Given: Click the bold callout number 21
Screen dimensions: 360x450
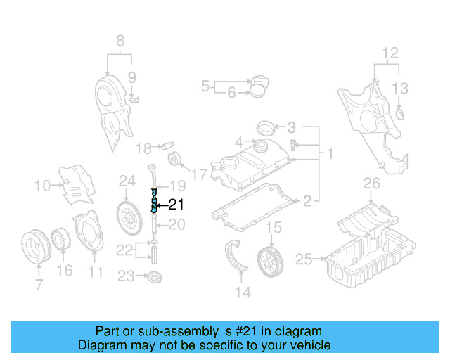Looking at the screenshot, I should click(176, 205).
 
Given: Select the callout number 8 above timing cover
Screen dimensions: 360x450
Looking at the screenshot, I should click(120, 40).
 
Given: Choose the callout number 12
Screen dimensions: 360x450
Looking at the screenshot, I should click(390, 52).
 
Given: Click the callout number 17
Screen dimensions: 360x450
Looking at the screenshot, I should click(200, 173).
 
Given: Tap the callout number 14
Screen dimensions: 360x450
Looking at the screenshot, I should click(243, 292).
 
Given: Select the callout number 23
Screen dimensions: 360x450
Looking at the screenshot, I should click(125, 276).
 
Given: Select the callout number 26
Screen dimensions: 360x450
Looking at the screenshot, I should click(371, 185).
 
